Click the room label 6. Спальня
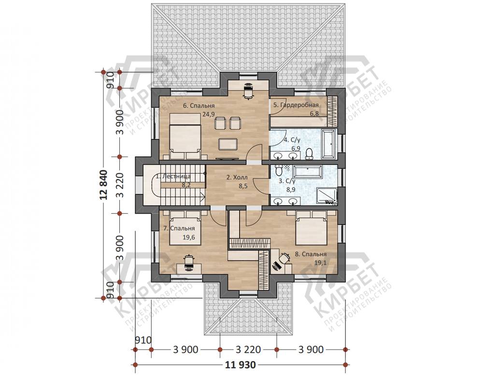199,106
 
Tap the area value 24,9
208,114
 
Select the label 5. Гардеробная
296,105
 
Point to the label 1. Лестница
173,177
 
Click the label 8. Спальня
311,254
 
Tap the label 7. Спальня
179,228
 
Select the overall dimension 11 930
240,365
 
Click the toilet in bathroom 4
309,154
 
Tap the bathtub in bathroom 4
328,143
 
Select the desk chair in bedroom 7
188,262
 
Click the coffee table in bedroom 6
228,144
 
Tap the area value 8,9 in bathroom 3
291,190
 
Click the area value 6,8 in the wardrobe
314,113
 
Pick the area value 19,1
320,263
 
